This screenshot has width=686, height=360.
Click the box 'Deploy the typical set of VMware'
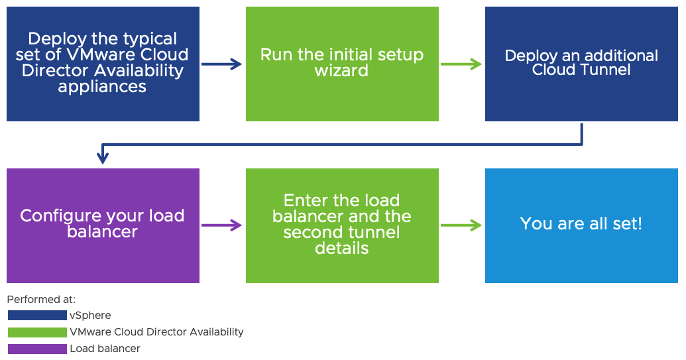[x=103, y=64]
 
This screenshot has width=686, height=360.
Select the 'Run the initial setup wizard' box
[x=342, y=64]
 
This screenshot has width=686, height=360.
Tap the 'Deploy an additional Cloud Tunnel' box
[x=581, y=64]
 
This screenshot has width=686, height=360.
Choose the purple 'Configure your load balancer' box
[x=103, y=225]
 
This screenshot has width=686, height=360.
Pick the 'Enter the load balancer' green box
[x=342, y=225]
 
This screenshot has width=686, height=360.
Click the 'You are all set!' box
[x=581, y=225]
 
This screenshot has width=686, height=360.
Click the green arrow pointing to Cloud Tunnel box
[x=461, y=64]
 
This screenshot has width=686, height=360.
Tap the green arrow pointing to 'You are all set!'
[x=461, y=225]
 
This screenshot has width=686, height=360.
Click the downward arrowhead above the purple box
[x=103, y=157]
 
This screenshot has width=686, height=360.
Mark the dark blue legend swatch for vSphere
[x=37, y=316]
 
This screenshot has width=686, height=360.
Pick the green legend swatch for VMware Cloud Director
[x=37, y=332]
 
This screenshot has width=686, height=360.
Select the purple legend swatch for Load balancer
[x=37, y=349]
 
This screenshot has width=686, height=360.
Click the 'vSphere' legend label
[x=90, y=316]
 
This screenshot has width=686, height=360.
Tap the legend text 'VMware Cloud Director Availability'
[x=156, y=332]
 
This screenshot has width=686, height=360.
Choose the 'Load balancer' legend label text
[x=105, y=349]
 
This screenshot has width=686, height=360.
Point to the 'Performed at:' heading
[x=41, y=300]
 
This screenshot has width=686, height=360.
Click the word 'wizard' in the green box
[x=342, y=71]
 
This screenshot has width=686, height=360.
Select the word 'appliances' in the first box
[x=102, y=87]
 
